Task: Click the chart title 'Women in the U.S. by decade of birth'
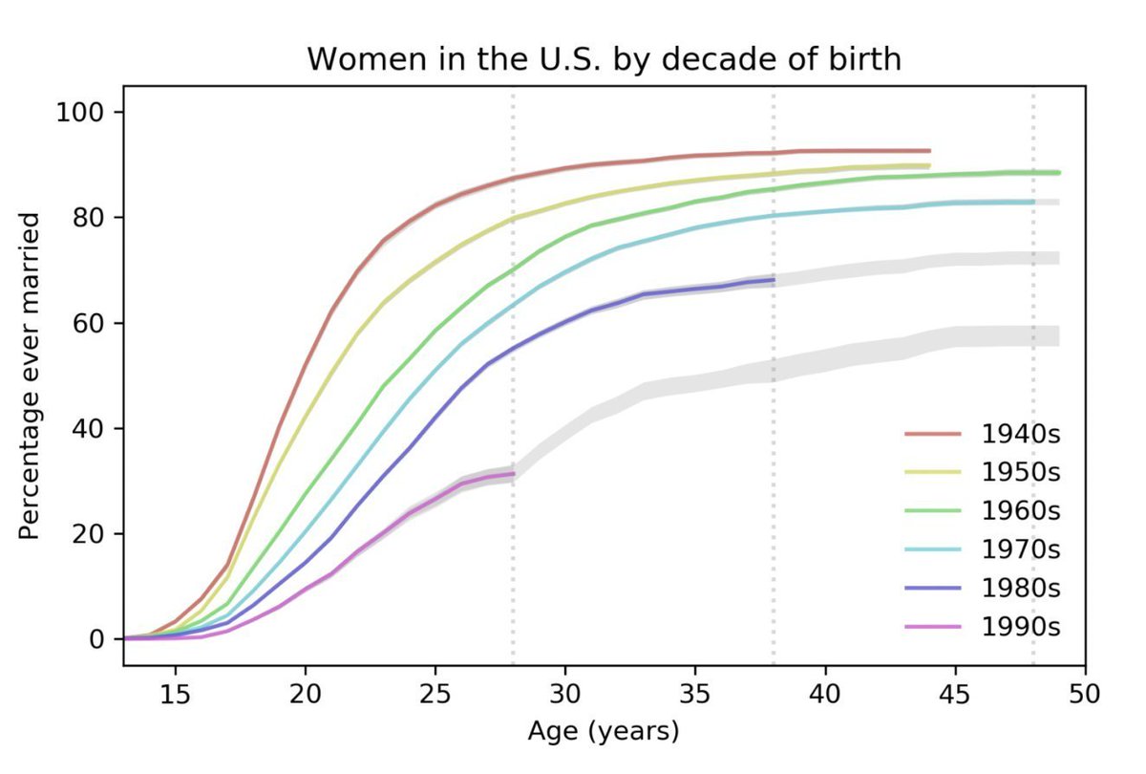[x=604, y=59]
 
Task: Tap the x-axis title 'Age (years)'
[x=604, y=733]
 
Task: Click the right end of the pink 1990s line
[x=514, y=474]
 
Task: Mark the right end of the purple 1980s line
[x=774, y=280]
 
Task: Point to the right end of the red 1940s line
[x=929, y=151]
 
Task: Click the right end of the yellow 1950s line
[x=929, y=166]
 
